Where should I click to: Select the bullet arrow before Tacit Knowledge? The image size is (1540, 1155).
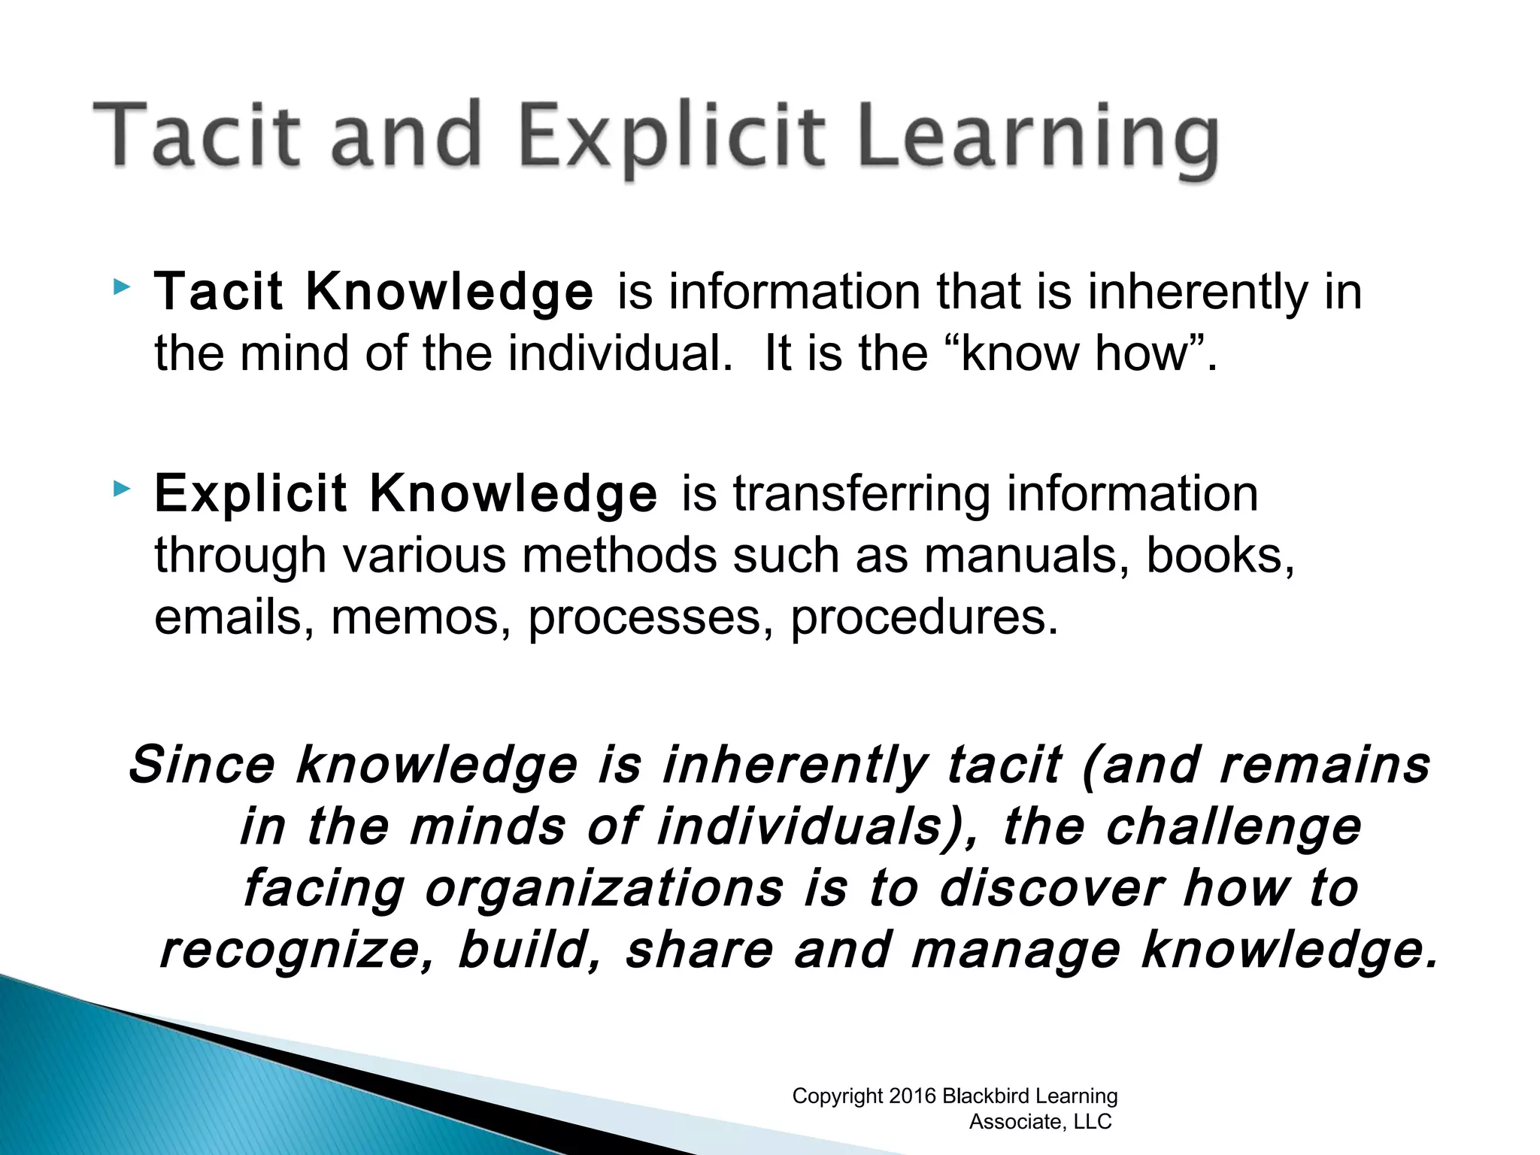coord(121,287)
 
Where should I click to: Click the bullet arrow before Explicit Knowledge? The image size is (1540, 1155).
coord(121,490)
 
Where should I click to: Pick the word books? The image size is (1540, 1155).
coord(1219,556)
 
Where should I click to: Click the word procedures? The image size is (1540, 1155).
coord(924,619)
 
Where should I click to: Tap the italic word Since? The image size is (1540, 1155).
coord(202,765)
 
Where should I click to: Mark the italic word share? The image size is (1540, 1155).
coord(699,950)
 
